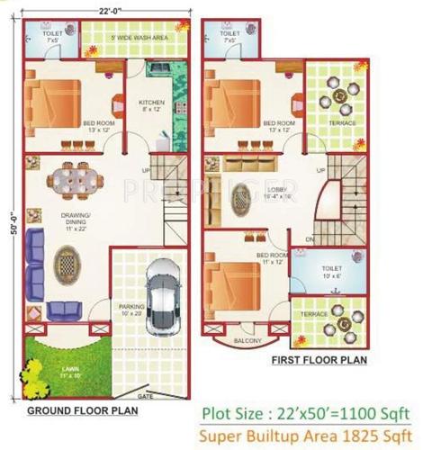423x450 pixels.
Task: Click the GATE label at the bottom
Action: [x=145, y=394]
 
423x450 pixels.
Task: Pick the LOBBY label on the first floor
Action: [x=275, y=191]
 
